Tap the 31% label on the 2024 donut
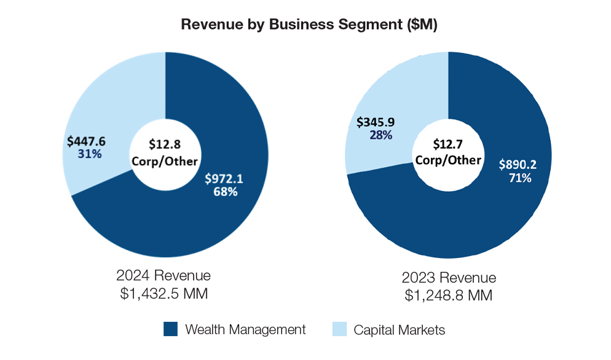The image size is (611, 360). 90,154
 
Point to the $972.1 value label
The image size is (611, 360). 224,179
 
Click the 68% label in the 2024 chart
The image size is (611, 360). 226,192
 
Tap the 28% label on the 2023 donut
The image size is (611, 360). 381,135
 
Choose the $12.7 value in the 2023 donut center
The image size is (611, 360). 447,145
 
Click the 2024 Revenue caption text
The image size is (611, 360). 164,275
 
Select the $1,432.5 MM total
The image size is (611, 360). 164,294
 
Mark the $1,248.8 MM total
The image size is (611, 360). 448,296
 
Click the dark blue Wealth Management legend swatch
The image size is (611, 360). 170,329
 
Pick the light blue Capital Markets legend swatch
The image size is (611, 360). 339,329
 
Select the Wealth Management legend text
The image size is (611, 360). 245,330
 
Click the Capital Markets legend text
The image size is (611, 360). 399,330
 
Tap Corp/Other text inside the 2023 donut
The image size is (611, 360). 448,160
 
